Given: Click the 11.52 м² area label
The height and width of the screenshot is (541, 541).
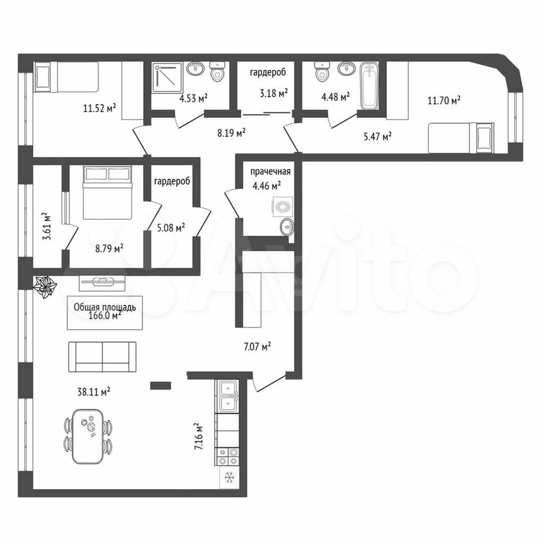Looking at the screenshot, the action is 99,108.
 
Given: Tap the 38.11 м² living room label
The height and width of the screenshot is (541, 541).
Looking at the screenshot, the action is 94,392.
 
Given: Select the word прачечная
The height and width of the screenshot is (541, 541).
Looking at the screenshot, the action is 270,171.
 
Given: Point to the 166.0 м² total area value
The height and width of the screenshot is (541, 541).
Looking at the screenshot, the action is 105,316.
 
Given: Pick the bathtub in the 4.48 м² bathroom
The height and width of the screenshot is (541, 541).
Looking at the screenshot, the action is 369,86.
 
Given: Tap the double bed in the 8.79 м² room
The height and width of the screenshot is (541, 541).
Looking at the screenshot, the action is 107,192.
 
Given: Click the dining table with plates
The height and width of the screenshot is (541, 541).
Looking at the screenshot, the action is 88,436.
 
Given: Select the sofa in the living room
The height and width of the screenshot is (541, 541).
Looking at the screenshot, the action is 102,357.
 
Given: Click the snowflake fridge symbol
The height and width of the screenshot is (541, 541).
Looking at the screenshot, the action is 229,477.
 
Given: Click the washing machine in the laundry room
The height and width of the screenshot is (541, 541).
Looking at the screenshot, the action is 283,207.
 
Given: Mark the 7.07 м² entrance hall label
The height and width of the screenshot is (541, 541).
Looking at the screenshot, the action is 258,346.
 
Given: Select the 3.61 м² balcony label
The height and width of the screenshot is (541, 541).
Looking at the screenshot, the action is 47,226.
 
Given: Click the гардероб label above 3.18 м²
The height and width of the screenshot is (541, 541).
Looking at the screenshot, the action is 268,73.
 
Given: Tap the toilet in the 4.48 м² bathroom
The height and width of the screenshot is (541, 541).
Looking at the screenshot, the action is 322,72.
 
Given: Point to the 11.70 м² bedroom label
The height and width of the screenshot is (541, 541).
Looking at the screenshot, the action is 444,101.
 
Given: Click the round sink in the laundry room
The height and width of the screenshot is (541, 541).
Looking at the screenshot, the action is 287,227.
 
